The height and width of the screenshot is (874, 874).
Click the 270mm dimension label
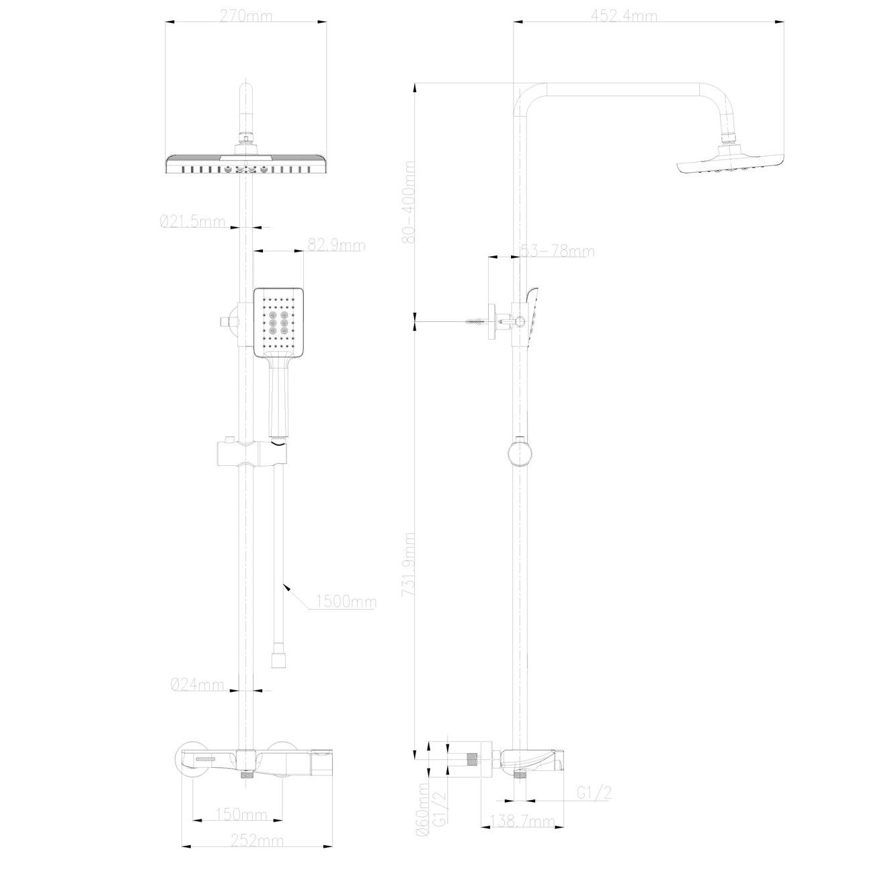click(x=246, y=16)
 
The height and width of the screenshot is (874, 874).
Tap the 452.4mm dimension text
click(x=624, y=16)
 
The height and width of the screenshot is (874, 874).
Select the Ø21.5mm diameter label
click(x=192, y=222)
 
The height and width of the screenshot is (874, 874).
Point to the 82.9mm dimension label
click(x=336, y=245)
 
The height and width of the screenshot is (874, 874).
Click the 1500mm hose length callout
click(x=346, y=602)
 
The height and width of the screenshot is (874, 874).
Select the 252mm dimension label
click(x=257, y=841)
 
